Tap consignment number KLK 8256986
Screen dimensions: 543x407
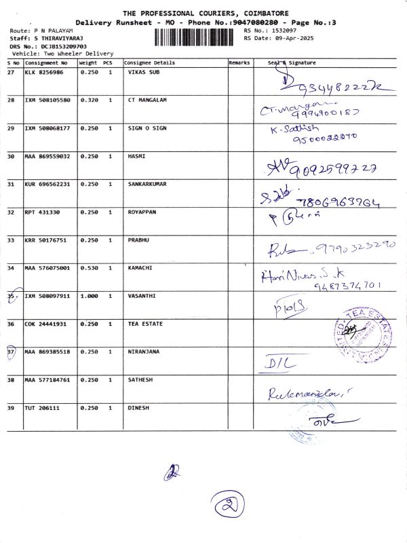click(x=44, y=72)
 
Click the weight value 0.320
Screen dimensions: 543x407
click(x=89, y=100)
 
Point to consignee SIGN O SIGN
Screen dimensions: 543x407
click(x=147, y=128)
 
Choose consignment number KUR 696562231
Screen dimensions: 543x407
click(x=47, y=184)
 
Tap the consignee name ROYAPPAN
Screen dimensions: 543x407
click(x=142, y=212)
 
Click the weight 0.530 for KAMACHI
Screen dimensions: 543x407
click(x=89, y=267)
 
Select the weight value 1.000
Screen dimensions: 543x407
click(x=89, y=296)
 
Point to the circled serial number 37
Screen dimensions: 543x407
click(x=11, y=352)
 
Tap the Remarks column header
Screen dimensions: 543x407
click(x=239, y=62)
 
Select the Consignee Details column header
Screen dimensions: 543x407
click(x=149, y=62)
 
